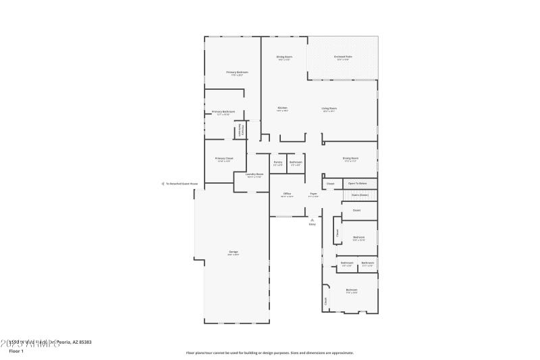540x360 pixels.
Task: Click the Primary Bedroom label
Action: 237,72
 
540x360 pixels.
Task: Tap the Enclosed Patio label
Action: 343,57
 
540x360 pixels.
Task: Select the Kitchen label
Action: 283,108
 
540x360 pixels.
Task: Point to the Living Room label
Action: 329,108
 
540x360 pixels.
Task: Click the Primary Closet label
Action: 223,159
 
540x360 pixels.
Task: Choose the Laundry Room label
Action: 254,174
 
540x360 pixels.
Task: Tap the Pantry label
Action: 278,162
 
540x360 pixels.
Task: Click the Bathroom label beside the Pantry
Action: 296,162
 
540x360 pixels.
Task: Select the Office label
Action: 287,194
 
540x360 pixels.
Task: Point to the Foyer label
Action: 313,194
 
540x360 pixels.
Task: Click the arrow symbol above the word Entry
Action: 312,219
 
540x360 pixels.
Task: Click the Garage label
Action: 233,253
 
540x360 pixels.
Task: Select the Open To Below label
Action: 358,183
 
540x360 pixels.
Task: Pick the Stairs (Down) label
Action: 359,195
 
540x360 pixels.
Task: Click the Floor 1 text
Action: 16,351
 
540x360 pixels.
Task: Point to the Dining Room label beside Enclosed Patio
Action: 284,57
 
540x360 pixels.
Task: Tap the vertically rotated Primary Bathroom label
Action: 239,130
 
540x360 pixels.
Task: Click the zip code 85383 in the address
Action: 84,342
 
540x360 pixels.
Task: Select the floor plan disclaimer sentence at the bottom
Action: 269,353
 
